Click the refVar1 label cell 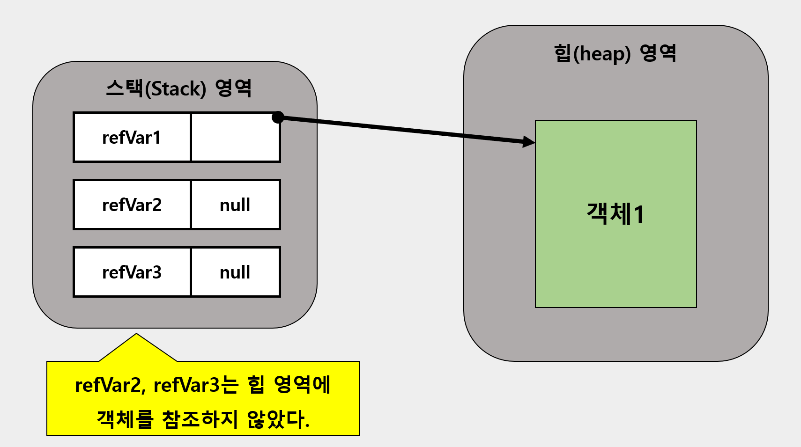[x=132, y=138]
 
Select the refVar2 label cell [x=132, y=205]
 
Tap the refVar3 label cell [x=132, y=272]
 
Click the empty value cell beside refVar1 [x=235, y=138]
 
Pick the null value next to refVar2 [x=235, y=205]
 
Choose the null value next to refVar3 [x=235, y=272]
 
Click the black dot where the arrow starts [x=278, y=117]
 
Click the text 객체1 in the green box [x=616, y=214]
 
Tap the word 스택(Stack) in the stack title [x=156, y=88]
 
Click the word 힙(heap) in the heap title [x=592, y=53]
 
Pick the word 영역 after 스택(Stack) [x=233, y=88]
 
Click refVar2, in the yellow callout [x=110, y=385]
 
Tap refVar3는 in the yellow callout [x=196, y=385]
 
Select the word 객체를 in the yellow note [x=125, y=419]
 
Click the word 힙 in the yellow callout [x=256, y=385]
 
